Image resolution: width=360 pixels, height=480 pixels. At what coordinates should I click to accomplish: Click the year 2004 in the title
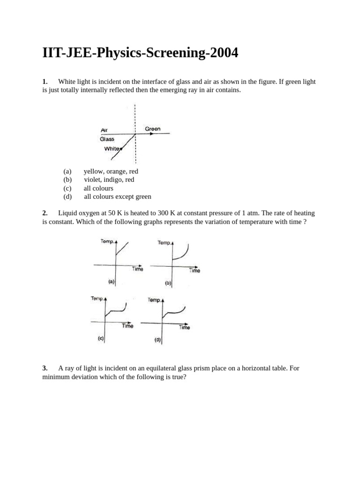point(224,53)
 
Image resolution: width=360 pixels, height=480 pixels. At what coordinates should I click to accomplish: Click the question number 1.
point(45,82)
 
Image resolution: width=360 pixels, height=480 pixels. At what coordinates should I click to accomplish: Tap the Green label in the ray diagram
point(152,128)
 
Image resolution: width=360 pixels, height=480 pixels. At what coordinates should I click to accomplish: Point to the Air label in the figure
point(104,130)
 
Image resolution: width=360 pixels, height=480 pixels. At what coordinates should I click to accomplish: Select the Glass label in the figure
point(107,139)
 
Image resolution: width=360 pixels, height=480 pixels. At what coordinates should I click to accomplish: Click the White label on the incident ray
point(112,149)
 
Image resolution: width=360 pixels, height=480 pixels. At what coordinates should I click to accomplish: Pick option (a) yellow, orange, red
point(111,172)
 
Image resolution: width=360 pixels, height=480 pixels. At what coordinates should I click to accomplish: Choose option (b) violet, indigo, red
point(109,180)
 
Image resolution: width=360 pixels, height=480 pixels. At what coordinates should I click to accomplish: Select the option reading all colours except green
point(117,196)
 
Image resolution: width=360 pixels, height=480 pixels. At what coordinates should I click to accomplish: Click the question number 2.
point(45,213)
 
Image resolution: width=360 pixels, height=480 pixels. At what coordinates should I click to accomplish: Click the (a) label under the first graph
point(111,282)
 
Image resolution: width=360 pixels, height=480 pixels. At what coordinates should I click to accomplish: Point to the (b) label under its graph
point(168,283)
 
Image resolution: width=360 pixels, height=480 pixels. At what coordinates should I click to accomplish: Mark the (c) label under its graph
point(101,338)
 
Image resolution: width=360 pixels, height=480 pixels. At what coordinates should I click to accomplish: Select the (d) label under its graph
point(157,340)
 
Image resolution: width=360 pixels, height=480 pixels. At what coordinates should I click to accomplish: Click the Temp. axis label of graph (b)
point(164,242)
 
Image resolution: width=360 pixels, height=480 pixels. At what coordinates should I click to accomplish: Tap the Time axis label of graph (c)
point(128,326)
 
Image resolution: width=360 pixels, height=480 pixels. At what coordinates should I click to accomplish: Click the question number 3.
point(45,368)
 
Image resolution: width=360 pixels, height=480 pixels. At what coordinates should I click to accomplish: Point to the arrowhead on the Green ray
point(151,134)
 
